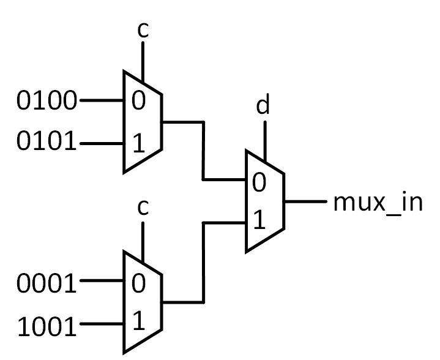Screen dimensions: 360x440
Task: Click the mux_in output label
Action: (x=378, y=202)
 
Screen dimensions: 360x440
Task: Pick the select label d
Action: (x=263, y=105)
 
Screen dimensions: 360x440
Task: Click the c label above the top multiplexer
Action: (x=142, y=31)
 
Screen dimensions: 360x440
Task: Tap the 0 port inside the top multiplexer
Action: (x=138, y=100)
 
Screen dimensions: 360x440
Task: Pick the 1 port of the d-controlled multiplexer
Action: (x=259, y=222)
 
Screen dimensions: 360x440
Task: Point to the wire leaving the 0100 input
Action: (x=102, y=100)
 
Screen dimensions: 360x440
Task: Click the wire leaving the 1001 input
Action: (x=102, y=325)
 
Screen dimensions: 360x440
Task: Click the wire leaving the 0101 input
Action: (x=102, y=144)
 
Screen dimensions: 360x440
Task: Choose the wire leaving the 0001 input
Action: (x=102, y=282)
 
